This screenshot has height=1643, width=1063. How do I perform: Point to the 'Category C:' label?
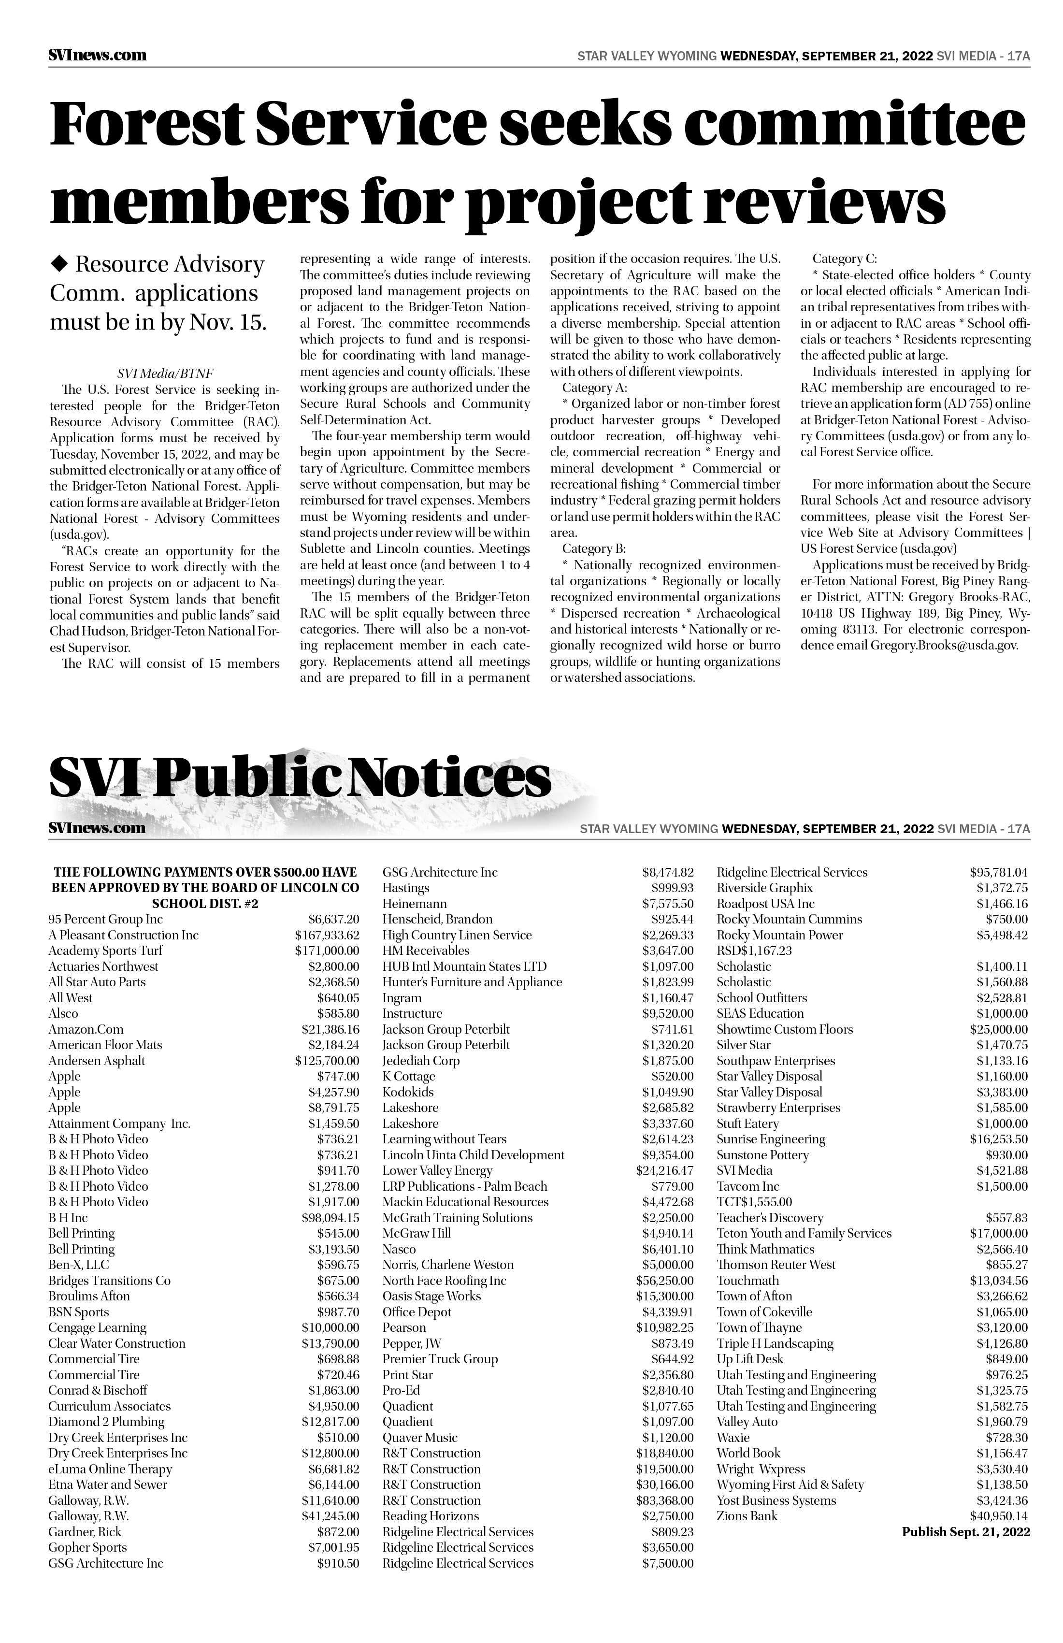[x=844, y=259]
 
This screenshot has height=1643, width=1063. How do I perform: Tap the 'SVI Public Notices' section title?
[x=300, y=778]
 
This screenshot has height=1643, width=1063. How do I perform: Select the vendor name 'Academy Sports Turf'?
[x=106, y=951]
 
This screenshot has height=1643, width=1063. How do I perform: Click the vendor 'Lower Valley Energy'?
[x=438, y=1170]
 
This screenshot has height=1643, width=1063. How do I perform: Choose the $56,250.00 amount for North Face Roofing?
[x=664, y=1281]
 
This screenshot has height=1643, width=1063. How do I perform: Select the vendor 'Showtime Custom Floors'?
[x=784, y=1029]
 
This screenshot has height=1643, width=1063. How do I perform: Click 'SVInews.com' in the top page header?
[x=97, y=55]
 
